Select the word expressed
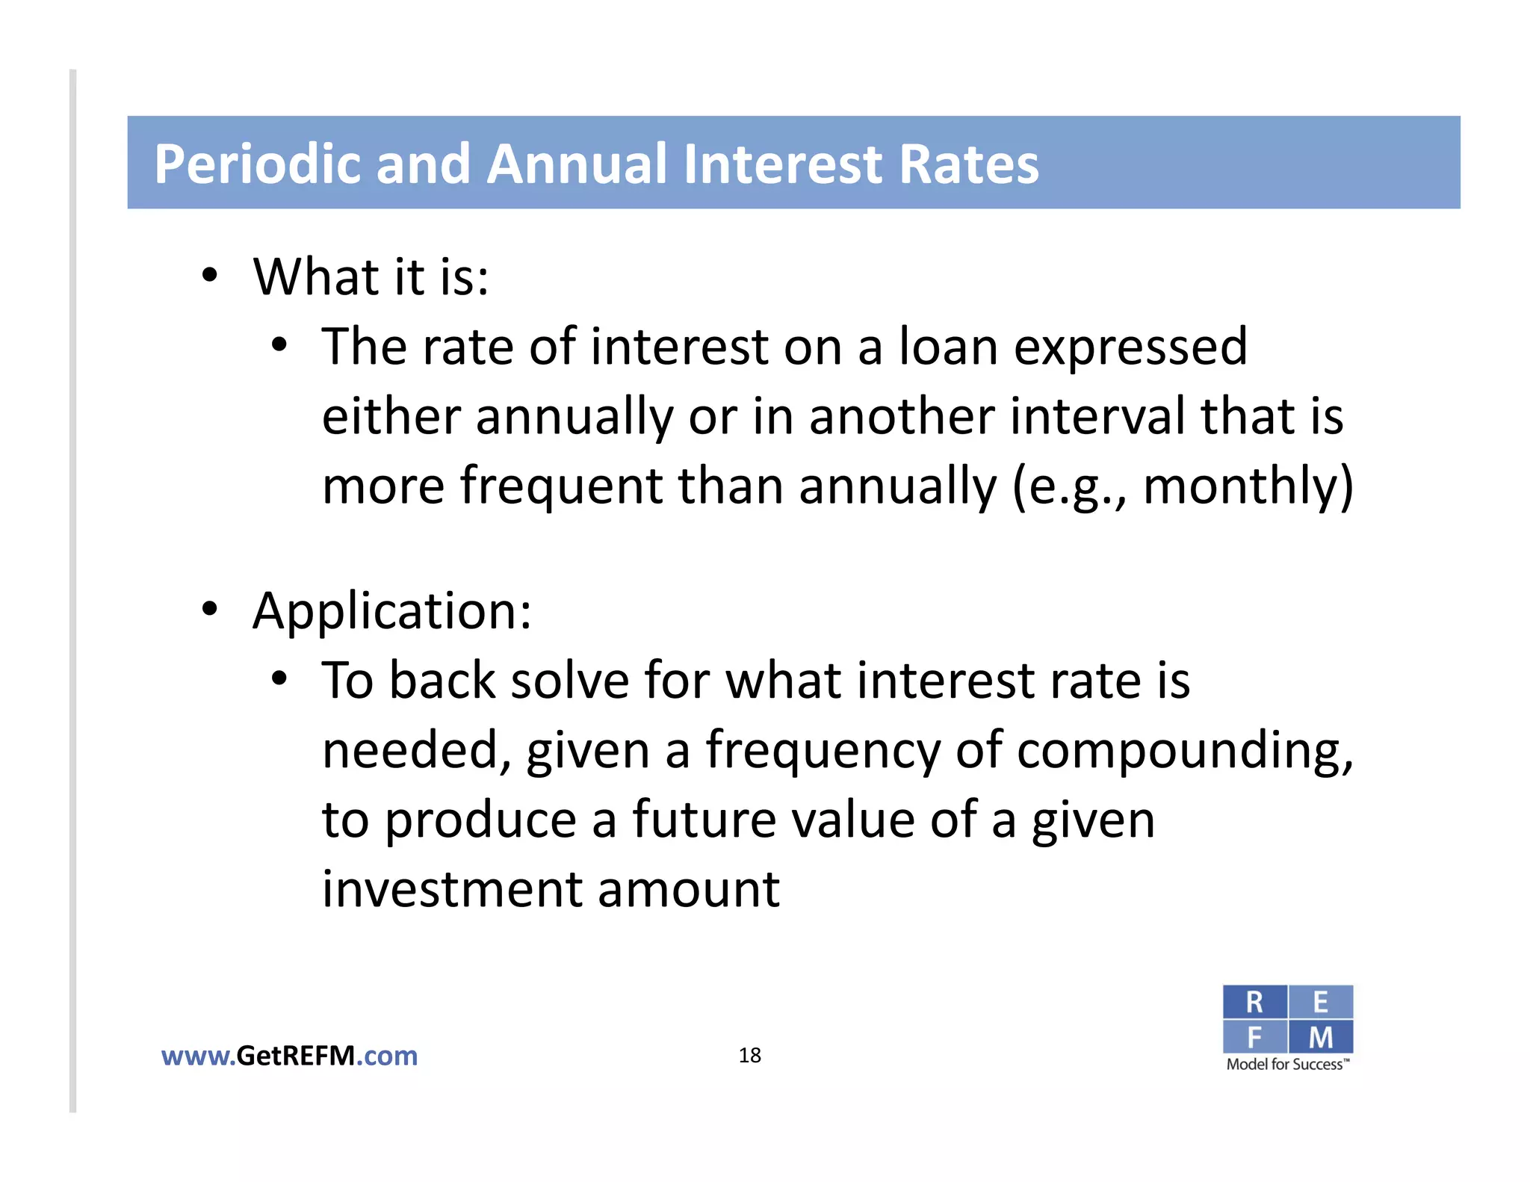click(x=1130, y=348)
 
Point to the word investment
click(x=453, y=889)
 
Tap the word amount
click(x=688, y=891)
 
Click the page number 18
click(x=749, y=1055)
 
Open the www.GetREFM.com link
click(x=290, y=1056)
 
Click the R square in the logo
click(x=1254, y=1002)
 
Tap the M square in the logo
click(x=1320, y=1037)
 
